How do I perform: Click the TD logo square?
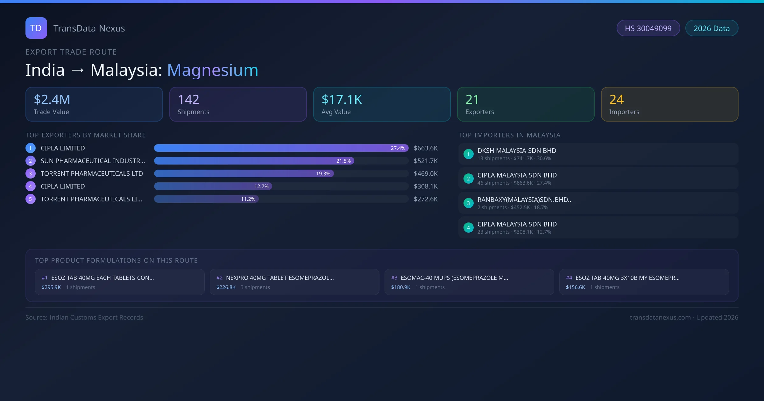tap(36, 28)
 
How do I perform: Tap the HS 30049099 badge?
tap(648, 28)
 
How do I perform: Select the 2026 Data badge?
tap(711, 28)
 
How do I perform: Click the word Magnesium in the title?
tap(212, 70)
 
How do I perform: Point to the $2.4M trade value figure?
tap(52, 100)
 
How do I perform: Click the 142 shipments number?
tap(188, 100)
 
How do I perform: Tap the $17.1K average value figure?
tap(342, 100)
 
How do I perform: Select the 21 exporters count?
tap(472, 100)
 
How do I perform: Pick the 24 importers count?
tap(616, 100)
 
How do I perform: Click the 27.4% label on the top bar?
tap(398, 148)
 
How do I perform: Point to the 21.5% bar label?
tap(343, 161)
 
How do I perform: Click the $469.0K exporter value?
tap(426, 173)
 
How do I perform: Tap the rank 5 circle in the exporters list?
tap(31, 199)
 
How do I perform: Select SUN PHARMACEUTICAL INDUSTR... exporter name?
tap(93, 161)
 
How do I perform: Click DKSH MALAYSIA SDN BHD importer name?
tap(517, 151)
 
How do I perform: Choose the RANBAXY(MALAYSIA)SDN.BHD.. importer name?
tap(524, 200)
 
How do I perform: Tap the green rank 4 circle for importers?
tap(468, 228)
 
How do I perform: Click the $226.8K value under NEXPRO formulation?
tap(226, 287)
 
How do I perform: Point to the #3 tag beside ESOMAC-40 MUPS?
tap(394, 278)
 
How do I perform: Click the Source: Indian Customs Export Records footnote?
tap(84, 317)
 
